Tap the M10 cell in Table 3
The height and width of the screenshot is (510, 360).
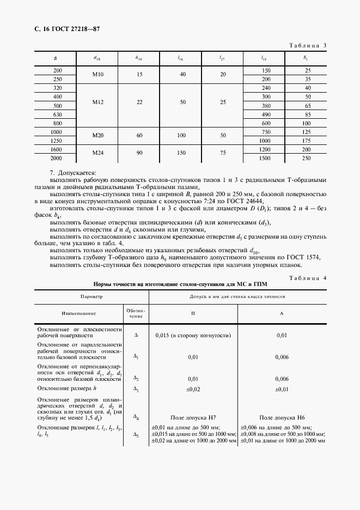(x=97, y=75)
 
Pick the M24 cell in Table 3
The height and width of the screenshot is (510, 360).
(x=97, y=153)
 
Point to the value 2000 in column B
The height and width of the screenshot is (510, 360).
(x=57, y=158)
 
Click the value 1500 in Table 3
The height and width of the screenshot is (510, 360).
(x=265, y=158)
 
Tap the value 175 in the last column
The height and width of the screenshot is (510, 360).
(x=307, y=141)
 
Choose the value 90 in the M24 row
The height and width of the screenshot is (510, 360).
(x=139, y=153)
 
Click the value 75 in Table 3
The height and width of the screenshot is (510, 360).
(x=222, y=153)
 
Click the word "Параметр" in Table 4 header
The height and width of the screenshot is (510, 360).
(x=91, y=297)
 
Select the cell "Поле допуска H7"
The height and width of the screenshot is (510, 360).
(x=192, y=417)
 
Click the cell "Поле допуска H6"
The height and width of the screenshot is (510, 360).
(x=281, y=417)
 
